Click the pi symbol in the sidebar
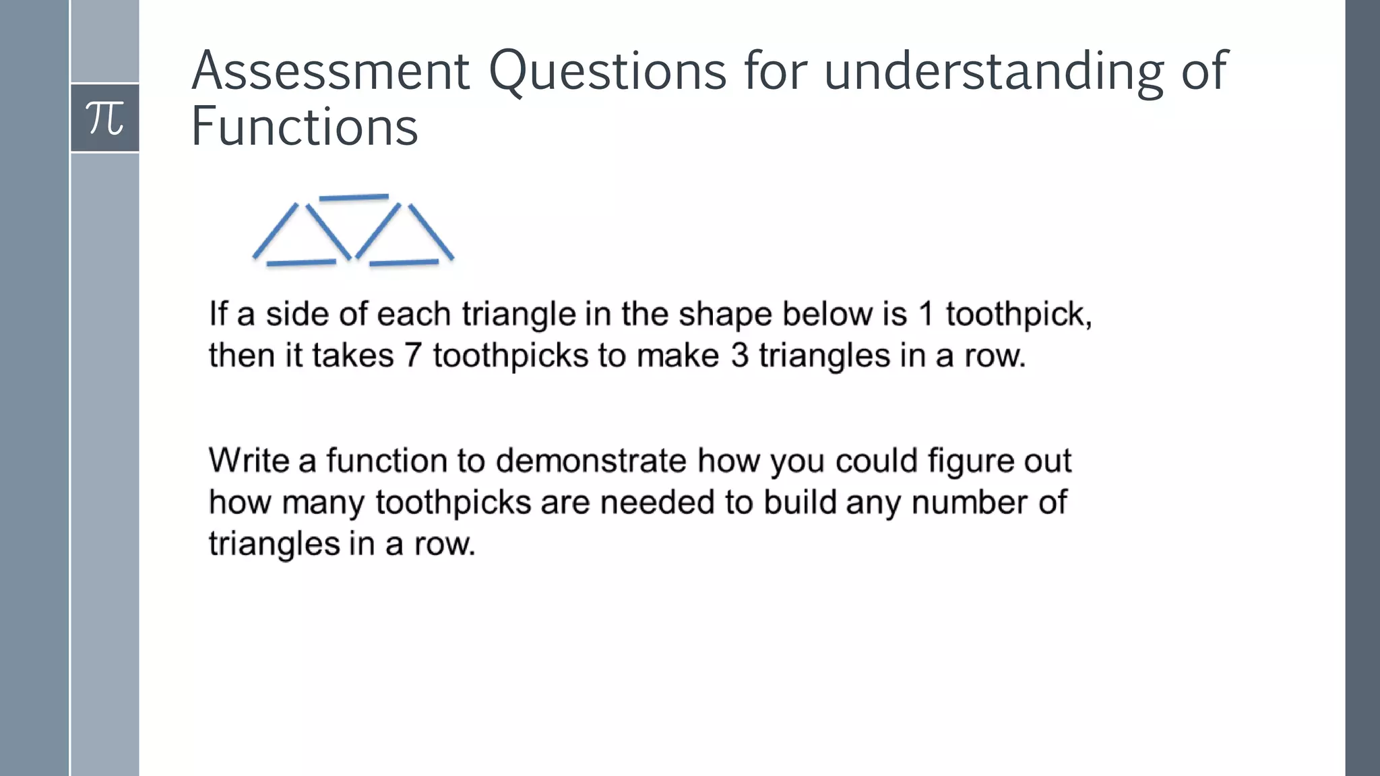point(104,118)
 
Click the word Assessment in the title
point(330,71)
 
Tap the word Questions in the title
point(607,72)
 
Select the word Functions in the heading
point(305,127)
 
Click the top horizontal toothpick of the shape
point(354,197)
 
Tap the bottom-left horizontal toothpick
point(301,262)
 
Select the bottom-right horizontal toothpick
point(404,262)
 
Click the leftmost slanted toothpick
point(275,230)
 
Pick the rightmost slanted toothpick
point(431,232)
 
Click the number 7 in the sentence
point(412,355)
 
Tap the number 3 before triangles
point(740,355)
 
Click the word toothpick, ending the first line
point(1018,315)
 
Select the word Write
point(249,461)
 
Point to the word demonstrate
point(591,461)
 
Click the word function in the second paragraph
point(387,461)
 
